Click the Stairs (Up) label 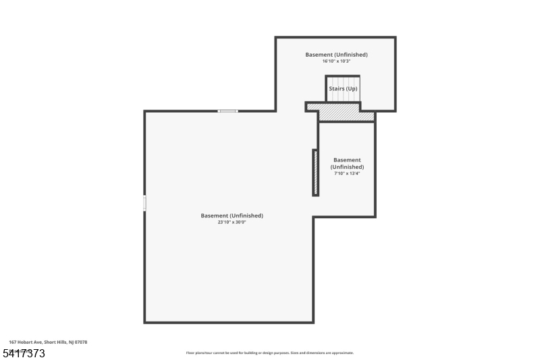[x=343, y=88]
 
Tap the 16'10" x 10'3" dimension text [x=336, y=61]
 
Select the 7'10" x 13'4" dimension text [x=347, y=174]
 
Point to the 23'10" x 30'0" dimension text [x=232, y=222]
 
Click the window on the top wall [x=227, y=111]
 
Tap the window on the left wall [x=144, y=203]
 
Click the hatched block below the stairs [x=346, y=113]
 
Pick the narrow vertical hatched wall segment [x=315, y=173]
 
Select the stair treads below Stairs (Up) [x=343, y=99]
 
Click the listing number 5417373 [x=24, y=353]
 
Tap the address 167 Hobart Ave [x=26, y=342]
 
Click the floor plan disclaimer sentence [x=269, y=353]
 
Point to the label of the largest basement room [x=232, y=215]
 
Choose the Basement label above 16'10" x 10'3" [x=336, y=55]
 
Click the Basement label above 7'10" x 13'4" [x=347, y=163]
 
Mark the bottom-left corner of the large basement [x=145, y=322]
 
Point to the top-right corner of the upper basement [x=395, y=38]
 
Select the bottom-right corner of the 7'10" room [x=375, y=216]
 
